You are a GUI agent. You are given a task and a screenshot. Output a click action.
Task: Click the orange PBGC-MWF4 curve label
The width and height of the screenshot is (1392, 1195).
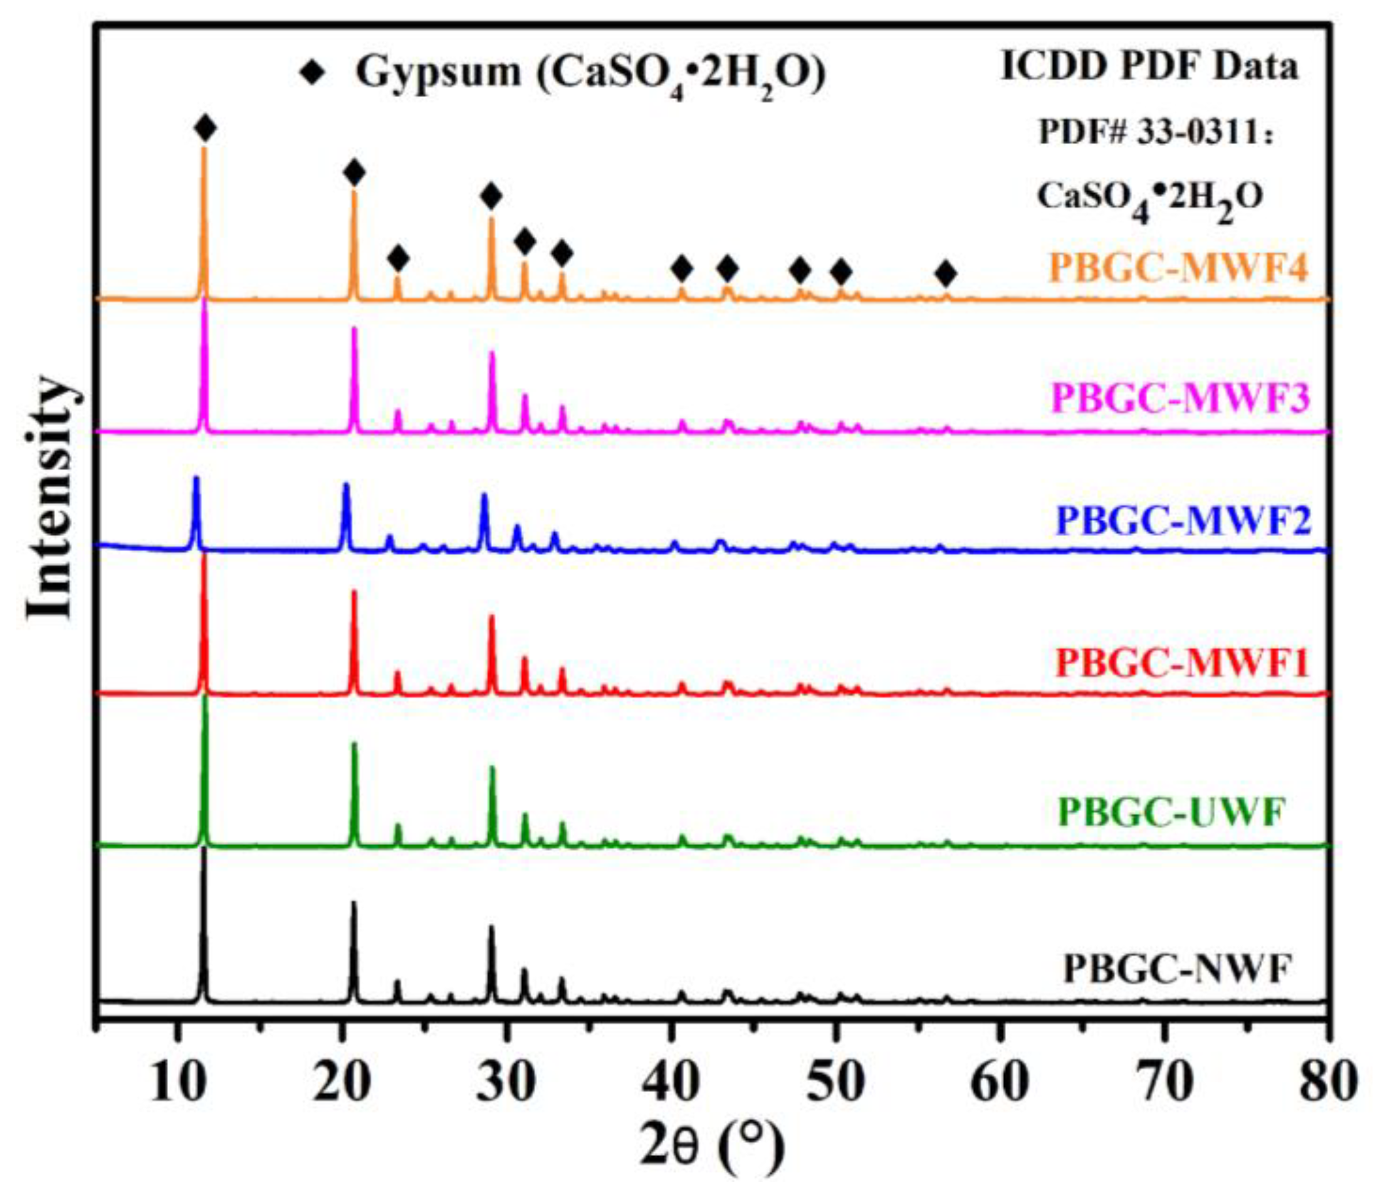point(1179,269)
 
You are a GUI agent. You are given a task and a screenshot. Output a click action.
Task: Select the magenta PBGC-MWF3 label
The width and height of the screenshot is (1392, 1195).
point(1180,399)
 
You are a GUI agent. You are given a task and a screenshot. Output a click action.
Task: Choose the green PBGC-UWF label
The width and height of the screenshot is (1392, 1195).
point(1171,812)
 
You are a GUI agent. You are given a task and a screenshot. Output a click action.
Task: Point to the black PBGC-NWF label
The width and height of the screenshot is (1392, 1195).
point(1178,970)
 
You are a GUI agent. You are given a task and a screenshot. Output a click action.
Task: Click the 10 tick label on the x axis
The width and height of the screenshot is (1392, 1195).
point(177,1082)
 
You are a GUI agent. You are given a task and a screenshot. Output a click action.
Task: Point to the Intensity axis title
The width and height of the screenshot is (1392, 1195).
point(50,497)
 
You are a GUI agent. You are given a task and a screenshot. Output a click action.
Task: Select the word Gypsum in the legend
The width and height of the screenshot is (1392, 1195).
point(438,73)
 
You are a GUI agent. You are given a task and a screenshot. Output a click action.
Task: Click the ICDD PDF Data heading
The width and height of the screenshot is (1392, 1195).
point(1149,68)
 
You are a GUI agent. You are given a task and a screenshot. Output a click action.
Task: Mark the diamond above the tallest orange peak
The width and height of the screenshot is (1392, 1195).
point(205,128)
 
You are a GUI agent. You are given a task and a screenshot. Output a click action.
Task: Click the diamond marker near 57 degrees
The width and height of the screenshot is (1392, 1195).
point(946,273)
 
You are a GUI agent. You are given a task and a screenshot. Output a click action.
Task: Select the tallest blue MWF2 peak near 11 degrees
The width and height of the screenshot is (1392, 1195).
point(196,479)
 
